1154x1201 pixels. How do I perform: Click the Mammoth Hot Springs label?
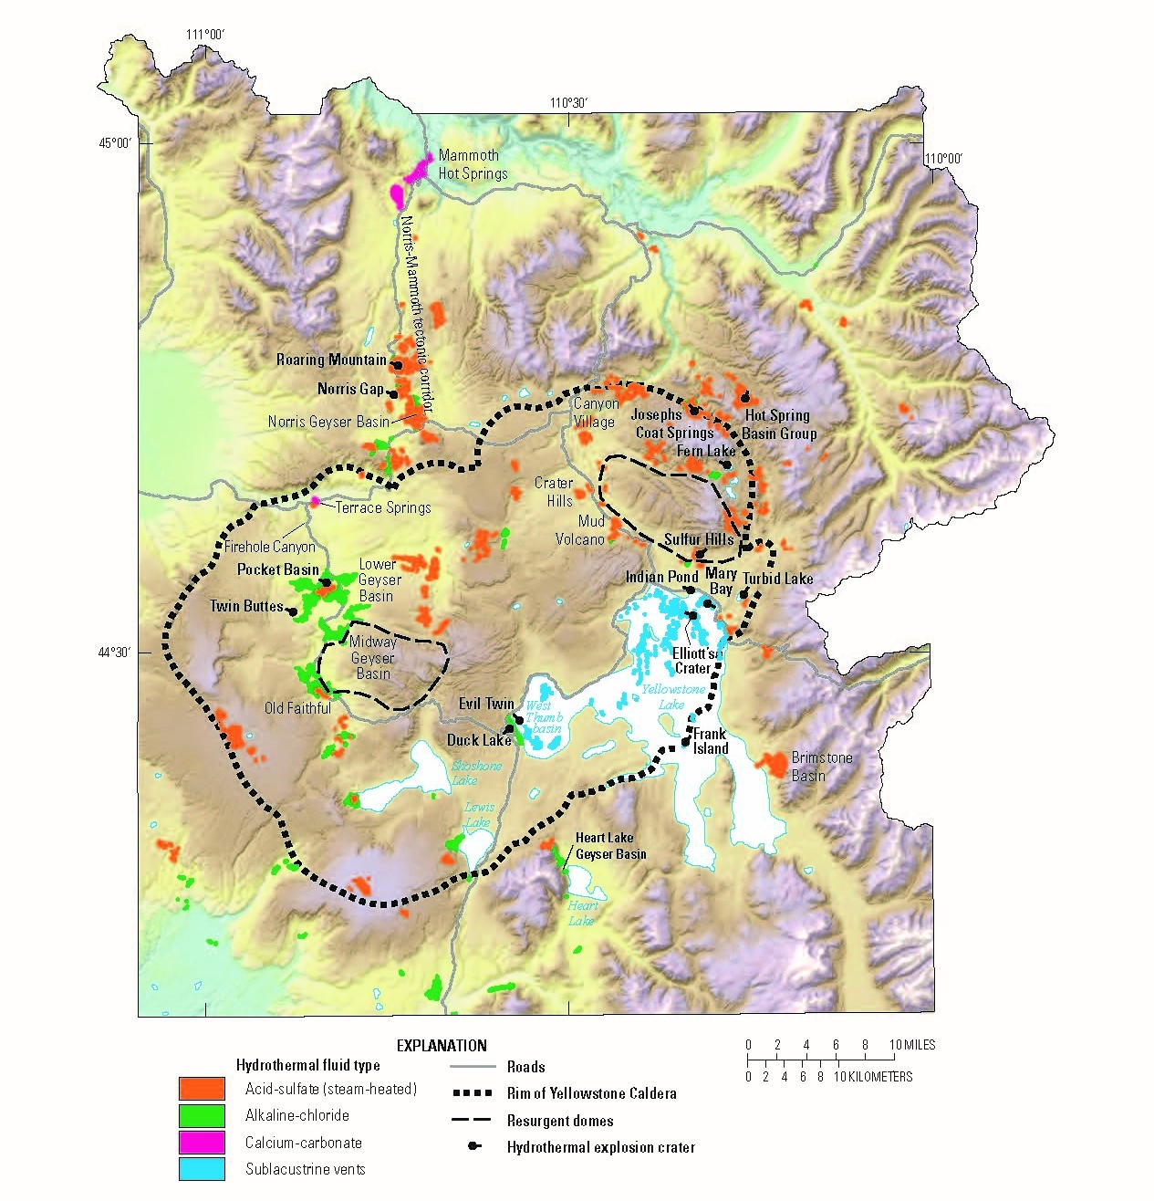(x=473, y=164)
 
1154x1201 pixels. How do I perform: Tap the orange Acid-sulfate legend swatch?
(x=202, y=1088)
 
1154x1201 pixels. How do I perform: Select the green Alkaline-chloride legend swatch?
(x=202, y=1115)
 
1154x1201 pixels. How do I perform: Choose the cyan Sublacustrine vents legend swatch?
(x=202, y=1169)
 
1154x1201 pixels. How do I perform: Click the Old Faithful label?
(x=297, y=708)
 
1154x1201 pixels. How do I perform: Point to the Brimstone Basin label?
(x=821, y=767)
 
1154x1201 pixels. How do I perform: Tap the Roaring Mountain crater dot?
(x=397, y=365)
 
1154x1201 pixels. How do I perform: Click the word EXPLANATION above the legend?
(x=442, y=1046)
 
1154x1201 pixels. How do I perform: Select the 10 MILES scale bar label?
(x=912, y=1045)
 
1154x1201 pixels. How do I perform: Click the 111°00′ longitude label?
(x=206, y=35)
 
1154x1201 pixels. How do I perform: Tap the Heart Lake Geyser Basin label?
(x=610, y=846)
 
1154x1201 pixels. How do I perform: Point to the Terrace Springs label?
(x=383, y=507)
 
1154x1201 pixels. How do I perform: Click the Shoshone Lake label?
(x=476, y=773)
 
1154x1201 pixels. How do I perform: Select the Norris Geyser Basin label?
(x=328, y=422)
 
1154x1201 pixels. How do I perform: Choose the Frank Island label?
(x=710, y=741)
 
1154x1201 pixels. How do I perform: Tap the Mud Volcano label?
(x=579, y=530)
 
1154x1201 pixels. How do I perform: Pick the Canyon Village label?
(x=595, y=413)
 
